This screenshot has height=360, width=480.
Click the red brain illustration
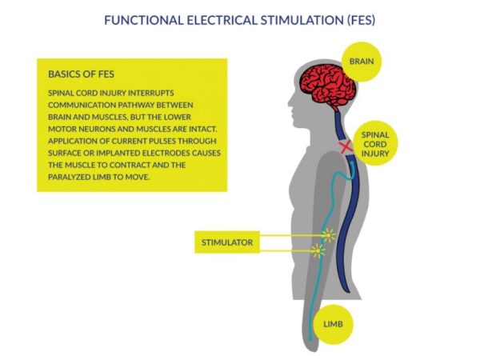(x=329, y=86)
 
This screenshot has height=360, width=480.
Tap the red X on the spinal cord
(x=346, y=147)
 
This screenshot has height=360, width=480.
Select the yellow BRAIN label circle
(x=362, y=62)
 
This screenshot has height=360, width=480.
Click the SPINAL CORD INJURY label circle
(x=375, y=143)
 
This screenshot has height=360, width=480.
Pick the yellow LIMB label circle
(x=333, y=324)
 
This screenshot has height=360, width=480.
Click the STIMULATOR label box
(x=227, y=242)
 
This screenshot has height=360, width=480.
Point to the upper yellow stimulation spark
(x=329, y=235)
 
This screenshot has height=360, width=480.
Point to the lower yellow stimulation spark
(x=318, y=251)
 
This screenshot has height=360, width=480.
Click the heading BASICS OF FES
(x=81, y=74)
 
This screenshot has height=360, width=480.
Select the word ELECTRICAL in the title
(x=222, y=20)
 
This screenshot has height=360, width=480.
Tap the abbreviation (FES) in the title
(x=362, y=20)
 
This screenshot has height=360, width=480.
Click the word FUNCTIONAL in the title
(x=144, y=20)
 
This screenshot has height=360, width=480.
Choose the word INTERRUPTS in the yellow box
(x=151, y=93)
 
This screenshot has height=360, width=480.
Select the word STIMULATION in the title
(x=302, y=20)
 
